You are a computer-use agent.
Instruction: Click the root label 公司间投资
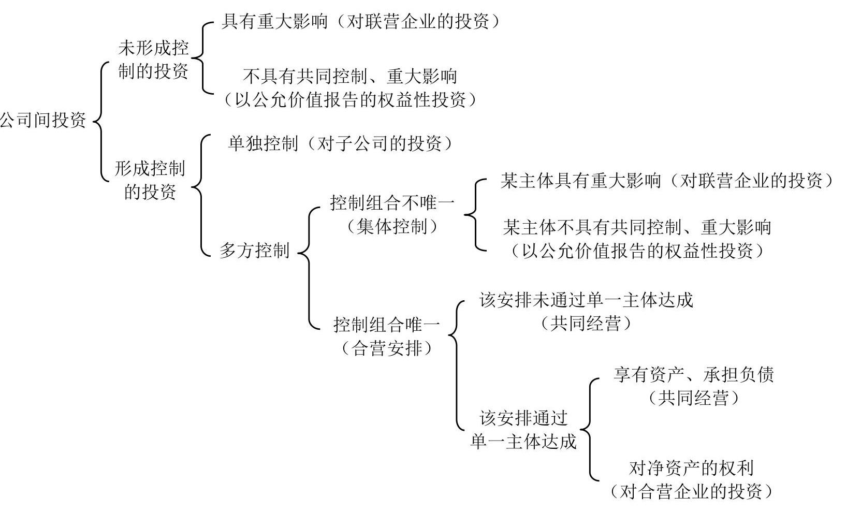click(x=42, y=121)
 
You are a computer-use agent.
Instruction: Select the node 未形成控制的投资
click(x=153, y=60)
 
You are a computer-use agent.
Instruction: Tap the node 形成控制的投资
click(x=150, y=180)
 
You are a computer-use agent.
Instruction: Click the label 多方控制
click(x=255, y=251)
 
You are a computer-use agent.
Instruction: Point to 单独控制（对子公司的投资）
click(x=341, y=143)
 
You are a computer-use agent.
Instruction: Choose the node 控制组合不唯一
click(x=392, y=203)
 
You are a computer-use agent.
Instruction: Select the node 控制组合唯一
click(x=387, y=325)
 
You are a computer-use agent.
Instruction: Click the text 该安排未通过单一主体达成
click(x=586, y=300)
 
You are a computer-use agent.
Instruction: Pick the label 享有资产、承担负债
click(x=693, y=375)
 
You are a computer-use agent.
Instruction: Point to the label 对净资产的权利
click(x=691, y=468)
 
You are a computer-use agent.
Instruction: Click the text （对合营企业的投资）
click(x=691, y=492)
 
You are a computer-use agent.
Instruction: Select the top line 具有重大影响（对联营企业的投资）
click(x=361, y=21)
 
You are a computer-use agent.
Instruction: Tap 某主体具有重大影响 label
click(x=581, y=181)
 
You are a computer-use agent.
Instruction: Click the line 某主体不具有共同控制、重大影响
click(x=637, y=227)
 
